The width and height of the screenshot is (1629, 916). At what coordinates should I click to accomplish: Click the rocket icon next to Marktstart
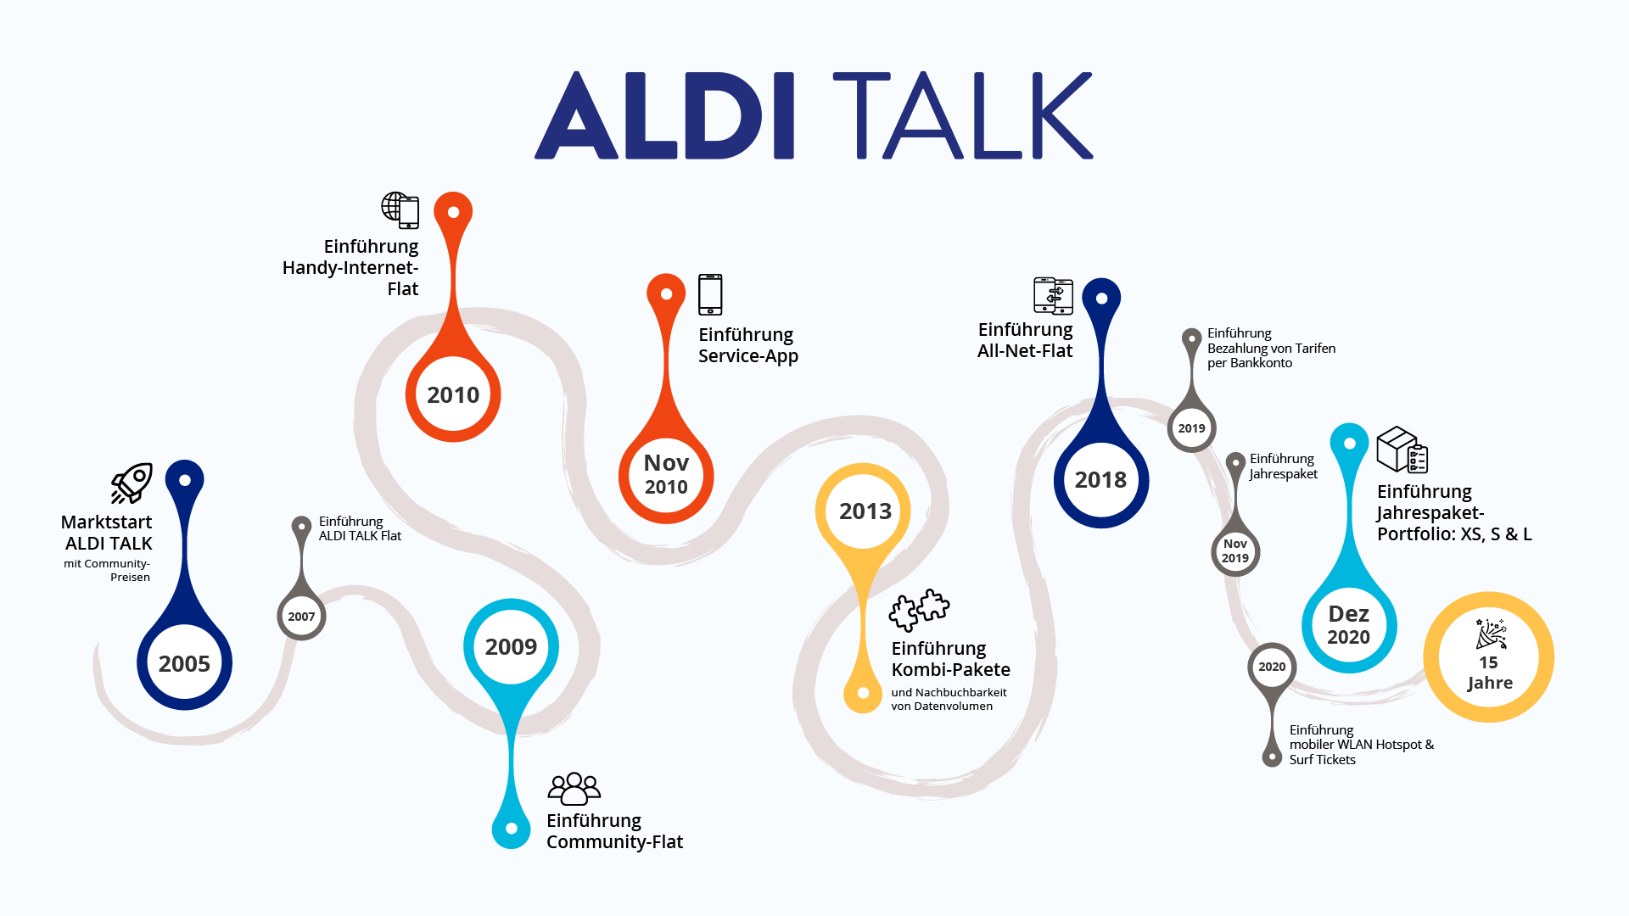132,483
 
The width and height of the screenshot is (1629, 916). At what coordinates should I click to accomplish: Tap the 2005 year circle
184,663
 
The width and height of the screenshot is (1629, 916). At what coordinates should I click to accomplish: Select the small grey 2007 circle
301,617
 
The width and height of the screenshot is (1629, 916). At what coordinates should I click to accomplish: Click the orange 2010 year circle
453,394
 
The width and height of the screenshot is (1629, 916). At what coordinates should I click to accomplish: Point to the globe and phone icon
400,209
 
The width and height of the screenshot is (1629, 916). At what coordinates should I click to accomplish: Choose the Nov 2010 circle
666,475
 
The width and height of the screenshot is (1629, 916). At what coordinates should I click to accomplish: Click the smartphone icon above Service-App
710,294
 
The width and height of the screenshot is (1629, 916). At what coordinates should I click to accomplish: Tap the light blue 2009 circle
511,646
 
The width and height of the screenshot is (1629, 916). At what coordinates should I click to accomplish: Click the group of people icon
574,788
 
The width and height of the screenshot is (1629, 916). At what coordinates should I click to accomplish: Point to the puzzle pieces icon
919,609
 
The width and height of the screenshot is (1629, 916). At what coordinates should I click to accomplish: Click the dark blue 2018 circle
1100,479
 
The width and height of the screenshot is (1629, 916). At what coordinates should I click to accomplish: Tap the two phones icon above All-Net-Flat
1053,296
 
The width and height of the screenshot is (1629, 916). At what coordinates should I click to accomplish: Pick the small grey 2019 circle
1191,428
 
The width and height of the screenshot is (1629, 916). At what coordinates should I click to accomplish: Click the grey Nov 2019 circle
1235,550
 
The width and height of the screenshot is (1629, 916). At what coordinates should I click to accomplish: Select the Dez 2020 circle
1349,625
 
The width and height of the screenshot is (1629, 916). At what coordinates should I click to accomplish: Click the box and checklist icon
1402,450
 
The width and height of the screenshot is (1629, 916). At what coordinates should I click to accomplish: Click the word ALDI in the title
664,116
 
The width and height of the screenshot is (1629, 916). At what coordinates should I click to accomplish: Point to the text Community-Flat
614,841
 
